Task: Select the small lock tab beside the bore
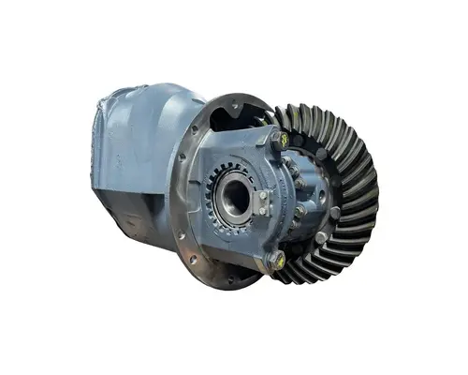(266, 202)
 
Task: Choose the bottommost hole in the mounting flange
(230, 279)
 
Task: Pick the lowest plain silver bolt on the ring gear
(298, 246)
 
